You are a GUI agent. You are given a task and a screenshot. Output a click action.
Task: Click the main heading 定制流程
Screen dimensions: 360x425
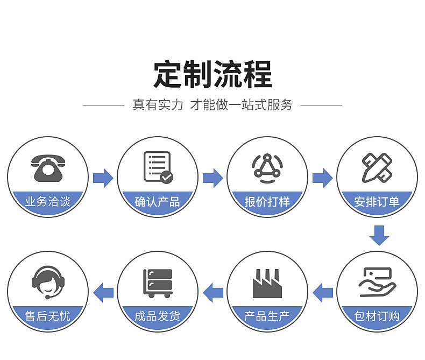click(212, 74)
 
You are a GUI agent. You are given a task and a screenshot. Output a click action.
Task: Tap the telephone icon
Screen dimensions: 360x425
click(47, 168)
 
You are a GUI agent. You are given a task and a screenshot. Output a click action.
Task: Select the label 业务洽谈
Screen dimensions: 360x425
click(47, 202)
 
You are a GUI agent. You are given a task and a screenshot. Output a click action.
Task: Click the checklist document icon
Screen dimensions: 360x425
click(158, 167)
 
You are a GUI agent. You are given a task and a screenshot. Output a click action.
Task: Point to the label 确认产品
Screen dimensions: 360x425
click(157, 202)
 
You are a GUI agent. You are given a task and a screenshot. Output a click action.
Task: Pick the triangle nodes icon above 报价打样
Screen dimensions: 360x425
click(267, 166)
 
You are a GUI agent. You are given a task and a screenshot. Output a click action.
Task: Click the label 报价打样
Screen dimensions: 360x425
click(267, 202)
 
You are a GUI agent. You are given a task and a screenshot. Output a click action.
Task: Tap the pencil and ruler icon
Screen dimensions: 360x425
click(377, 167)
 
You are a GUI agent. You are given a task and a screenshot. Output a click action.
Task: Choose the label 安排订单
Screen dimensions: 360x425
click(377, 202)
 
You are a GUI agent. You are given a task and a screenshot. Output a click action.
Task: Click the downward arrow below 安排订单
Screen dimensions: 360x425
click(379, 235)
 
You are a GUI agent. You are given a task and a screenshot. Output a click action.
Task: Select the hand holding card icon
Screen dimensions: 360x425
click(377, 282)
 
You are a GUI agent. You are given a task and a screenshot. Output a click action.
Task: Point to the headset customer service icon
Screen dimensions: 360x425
click(47, 282)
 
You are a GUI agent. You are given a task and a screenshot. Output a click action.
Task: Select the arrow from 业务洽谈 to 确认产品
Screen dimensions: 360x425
click(102, 178)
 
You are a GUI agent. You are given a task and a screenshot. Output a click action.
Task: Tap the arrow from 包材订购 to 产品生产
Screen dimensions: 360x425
click(323, 292)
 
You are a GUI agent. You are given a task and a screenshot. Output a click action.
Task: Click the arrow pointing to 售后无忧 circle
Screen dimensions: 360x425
click(103, 292)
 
